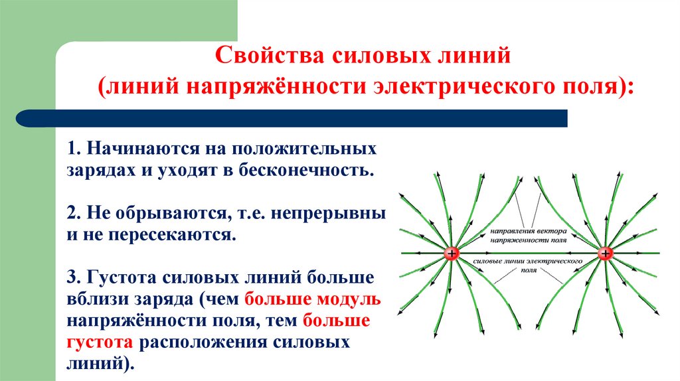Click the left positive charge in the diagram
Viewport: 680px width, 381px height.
point(452,254)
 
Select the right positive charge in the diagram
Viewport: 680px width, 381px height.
point(605,254)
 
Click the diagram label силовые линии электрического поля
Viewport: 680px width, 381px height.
point(529,267)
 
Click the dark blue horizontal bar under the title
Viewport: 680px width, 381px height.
point(292,119)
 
